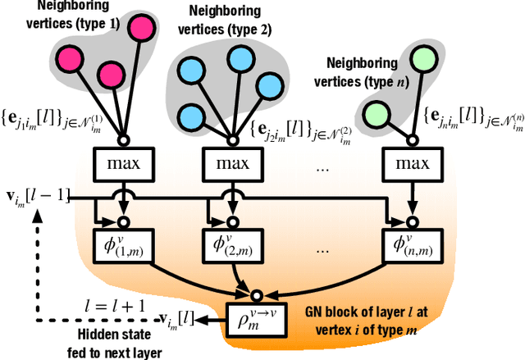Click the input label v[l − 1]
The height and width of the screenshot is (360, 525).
(x=37, y=197)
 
